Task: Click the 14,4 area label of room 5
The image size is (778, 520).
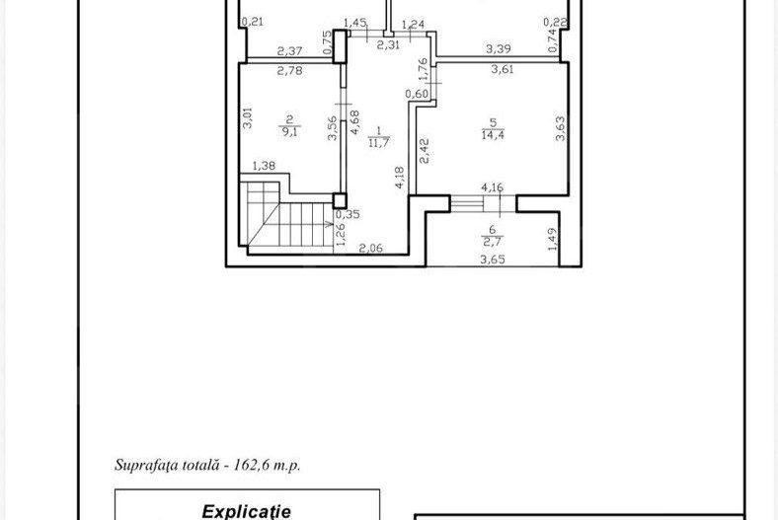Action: pos(491,135)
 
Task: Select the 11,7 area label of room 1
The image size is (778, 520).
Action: pos(378,142)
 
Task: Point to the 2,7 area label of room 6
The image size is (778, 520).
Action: pos(492,239)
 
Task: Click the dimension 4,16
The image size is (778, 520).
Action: pos(491,186)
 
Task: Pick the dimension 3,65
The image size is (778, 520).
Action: pos(491,260)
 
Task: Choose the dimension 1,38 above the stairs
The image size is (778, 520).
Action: pos(264,166)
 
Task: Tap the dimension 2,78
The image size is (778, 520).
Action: pos(288,70)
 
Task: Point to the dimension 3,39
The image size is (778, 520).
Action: pos(498,47)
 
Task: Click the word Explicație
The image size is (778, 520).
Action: pos(248,511)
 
